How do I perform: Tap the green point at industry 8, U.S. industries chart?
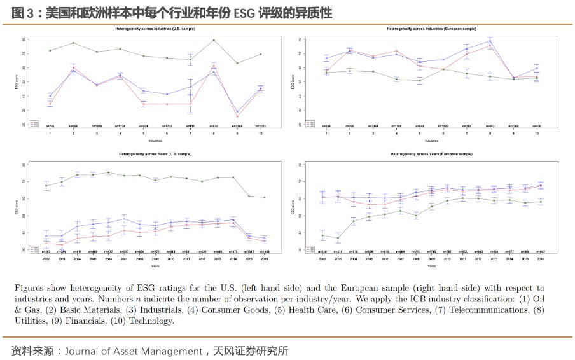(214, 40)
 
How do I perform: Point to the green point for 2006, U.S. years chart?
(108, 172)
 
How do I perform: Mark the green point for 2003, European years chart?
(338, 238)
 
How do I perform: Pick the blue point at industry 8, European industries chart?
(490, 41)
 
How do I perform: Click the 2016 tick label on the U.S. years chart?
(265, 259)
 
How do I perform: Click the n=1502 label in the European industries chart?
(443, 126)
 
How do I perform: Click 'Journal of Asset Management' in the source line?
(134, 350)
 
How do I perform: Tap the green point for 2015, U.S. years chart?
(248, 196)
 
